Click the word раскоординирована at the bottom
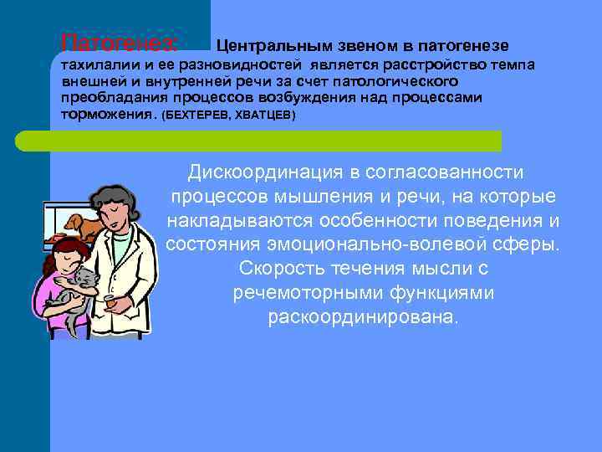(363, 318)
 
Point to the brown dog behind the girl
(79, 225)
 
